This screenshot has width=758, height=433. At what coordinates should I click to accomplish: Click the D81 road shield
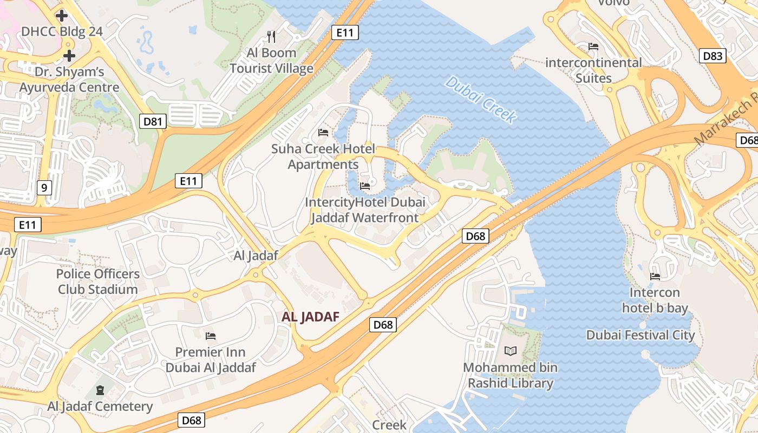click(x=153, y=121)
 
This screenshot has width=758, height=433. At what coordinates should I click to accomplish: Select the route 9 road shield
click(x=44, y=188)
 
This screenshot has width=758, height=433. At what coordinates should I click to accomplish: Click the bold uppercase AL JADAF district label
click(x=310, y=317)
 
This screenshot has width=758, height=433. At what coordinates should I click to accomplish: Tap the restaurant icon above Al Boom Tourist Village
click(x=271, y=37)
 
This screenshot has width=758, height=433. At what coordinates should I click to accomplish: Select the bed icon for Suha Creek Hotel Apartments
click(x=323, y=133)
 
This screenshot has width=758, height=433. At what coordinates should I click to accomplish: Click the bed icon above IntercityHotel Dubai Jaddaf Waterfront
click(x=365, y=186)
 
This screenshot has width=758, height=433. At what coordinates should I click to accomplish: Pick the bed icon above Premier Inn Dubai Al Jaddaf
click(x=211, y=336)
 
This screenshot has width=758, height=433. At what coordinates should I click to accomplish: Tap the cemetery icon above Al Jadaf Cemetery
click(x=100, y=390)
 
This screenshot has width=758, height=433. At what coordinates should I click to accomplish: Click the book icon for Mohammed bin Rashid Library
click(x=511, y=351)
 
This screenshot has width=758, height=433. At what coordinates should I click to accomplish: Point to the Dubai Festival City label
click(x=641, y=335)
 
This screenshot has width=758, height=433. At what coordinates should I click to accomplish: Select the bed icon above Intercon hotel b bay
click(x=655, y=277)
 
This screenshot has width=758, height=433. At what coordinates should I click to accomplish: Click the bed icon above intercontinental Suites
click(x=593, y=47)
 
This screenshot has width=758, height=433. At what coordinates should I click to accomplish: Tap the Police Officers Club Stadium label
click(x=98, y=281)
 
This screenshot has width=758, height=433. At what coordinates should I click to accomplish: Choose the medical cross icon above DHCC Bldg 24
click(x=62, y=15)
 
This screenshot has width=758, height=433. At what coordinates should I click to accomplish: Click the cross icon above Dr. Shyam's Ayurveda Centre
click(x=69, y=55)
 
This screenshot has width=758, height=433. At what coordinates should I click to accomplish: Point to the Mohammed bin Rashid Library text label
click(x=511, y=376)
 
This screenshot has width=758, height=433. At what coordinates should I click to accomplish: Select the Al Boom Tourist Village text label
click(x=271, y=61)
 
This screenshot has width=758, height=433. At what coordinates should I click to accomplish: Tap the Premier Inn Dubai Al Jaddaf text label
click(x=211, y=360)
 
